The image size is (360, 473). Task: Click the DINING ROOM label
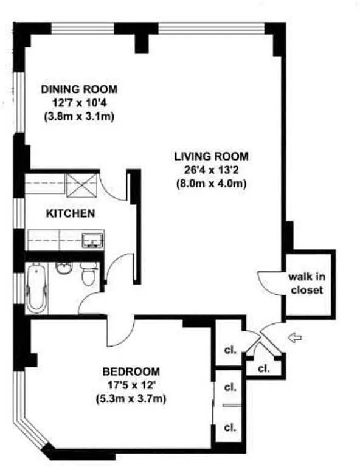(x=79, y=89)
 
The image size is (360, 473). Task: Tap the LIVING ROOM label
(x=212, y=157)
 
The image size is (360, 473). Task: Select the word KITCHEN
(x=71, y=213)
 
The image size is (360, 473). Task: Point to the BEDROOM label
(x=131, y=371)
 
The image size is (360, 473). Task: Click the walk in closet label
(x=306, y=283)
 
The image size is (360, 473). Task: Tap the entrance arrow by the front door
(x=296, y=337)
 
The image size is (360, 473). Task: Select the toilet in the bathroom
(x=88, y=274)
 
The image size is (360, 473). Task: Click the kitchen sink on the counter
(x=92, y=240)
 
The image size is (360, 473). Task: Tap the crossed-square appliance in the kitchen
(x=81, y=186)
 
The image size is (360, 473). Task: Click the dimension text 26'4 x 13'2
(x=211, y=170)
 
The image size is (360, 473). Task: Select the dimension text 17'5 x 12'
(x=131, y=385)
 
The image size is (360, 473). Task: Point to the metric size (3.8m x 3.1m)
(x=79, y=117)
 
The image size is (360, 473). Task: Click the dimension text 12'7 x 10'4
(x=80, y=103)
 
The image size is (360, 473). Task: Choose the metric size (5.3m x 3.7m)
(x=131, y=399)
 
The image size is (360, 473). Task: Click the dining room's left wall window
(x=19, y=103)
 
